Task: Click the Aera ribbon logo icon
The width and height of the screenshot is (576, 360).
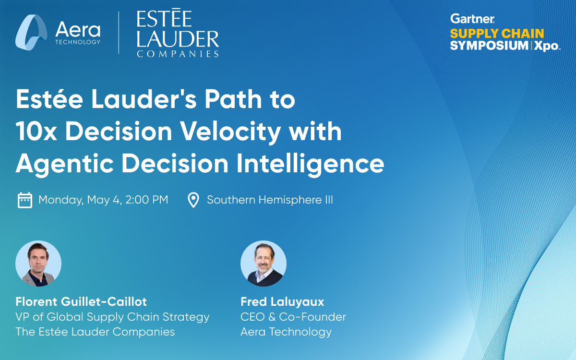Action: (x=31, y=33)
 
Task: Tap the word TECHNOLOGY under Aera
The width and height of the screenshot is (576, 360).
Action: (x=78, y=42)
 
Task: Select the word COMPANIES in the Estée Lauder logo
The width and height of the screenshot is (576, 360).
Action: (x=178, y=54)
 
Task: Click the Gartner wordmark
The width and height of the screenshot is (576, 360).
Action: (x=472, y=19)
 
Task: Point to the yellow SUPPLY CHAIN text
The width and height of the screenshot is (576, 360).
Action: (x=497, y=34)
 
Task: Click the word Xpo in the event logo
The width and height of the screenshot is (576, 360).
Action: (x=546, y=46)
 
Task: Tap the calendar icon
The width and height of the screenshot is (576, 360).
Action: (x=25, y=200)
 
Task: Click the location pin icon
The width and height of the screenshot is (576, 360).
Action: (x=193, y=200)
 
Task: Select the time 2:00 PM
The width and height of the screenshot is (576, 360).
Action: (x=147, y=200)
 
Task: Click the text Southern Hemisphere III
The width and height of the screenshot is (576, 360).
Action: (x=270, y=200)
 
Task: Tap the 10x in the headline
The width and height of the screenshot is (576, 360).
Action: (x=36, y=132)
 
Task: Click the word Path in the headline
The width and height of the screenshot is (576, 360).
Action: (x=233, y=99)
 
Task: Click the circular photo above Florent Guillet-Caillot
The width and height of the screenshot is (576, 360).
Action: (x=38, y=264)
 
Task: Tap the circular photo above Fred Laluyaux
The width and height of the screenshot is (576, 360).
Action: (x=264, y=264)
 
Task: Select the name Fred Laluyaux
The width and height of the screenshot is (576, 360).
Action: (x=282, y=302)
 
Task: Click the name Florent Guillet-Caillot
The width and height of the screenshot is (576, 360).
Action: (x=81, y=301)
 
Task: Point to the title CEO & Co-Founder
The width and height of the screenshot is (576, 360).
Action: (x=293, y=317)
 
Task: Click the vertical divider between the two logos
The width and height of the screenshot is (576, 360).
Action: (x=119, y=33)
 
